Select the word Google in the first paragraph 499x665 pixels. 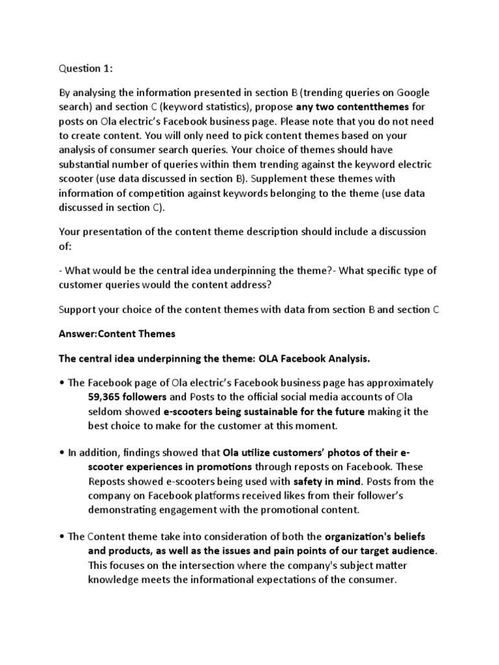click(413, 92)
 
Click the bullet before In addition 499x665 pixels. click(62, 453)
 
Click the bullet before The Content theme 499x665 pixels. click(62, 537)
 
